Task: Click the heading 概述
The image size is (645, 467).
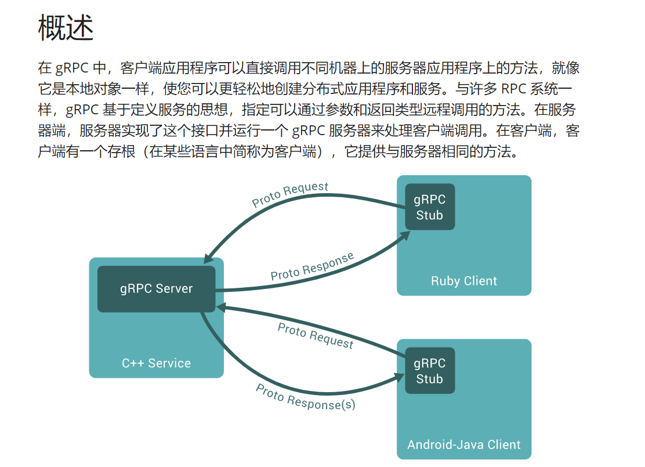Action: tap(66, 28)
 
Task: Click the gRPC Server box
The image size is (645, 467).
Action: tap(156, 288)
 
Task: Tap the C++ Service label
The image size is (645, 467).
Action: tap(156, 363)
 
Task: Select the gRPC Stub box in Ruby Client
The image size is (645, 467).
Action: tap(429, 207)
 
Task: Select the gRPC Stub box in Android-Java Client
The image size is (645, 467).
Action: tap(429, 371)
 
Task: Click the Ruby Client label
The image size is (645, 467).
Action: tap(463, 281)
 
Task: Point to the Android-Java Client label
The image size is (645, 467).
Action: tap(463, 444)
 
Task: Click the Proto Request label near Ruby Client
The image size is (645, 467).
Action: tap(290, 195)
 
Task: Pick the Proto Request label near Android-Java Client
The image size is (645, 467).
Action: tap(315, 336)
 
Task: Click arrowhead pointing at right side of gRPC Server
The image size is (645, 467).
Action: tap(220, 307)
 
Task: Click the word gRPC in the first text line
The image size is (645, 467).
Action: tap(72, 68)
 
